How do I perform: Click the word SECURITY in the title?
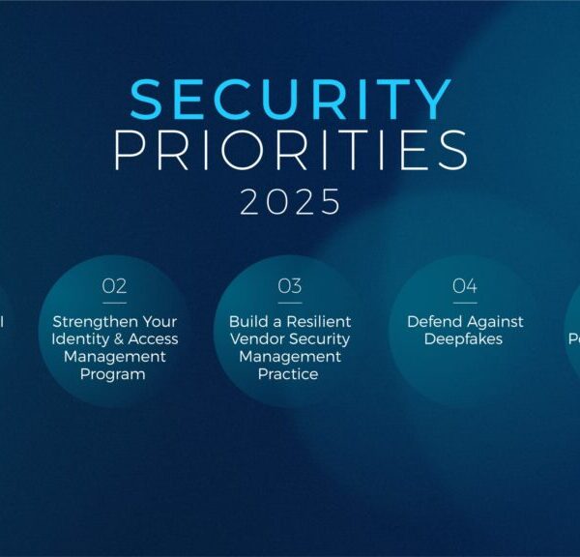[290, 100]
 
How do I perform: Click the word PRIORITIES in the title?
[290, 150]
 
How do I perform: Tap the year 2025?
[290, 202]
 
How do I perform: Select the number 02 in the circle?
[114, 286]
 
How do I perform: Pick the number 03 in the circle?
[290, 286]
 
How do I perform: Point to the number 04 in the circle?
[465, 286]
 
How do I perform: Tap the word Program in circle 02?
[113, 373]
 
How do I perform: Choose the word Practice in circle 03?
[288, 373]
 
